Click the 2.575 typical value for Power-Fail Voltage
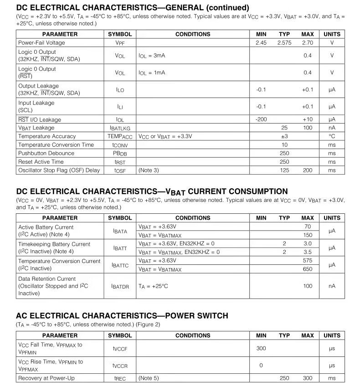(x=284, y=43)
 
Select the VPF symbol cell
(x=120, y=43)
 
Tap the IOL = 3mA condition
(x=152, y=56)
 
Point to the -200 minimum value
(x=261, y=119)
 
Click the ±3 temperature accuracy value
(x=284, y=136)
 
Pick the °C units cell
(x=332, y=136)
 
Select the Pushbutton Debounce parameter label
(x=46, y=153)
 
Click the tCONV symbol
(x=120, y=145)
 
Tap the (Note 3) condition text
(x=149, y=170)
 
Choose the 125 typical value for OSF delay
(x=284, y=170)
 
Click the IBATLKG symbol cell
(x=120, y=128)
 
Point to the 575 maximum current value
(x=308, y=261)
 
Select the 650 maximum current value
(x=308, y=269)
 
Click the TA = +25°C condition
(x=153, y=286)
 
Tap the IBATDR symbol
(x=120, y=286)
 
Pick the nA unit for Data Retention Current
(x=332, y=286)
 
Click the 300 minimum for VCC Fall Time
(x=261, y=349)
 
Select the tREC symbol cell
(x=120, y=378)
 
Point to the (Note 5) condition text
(x=149, y=378)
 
